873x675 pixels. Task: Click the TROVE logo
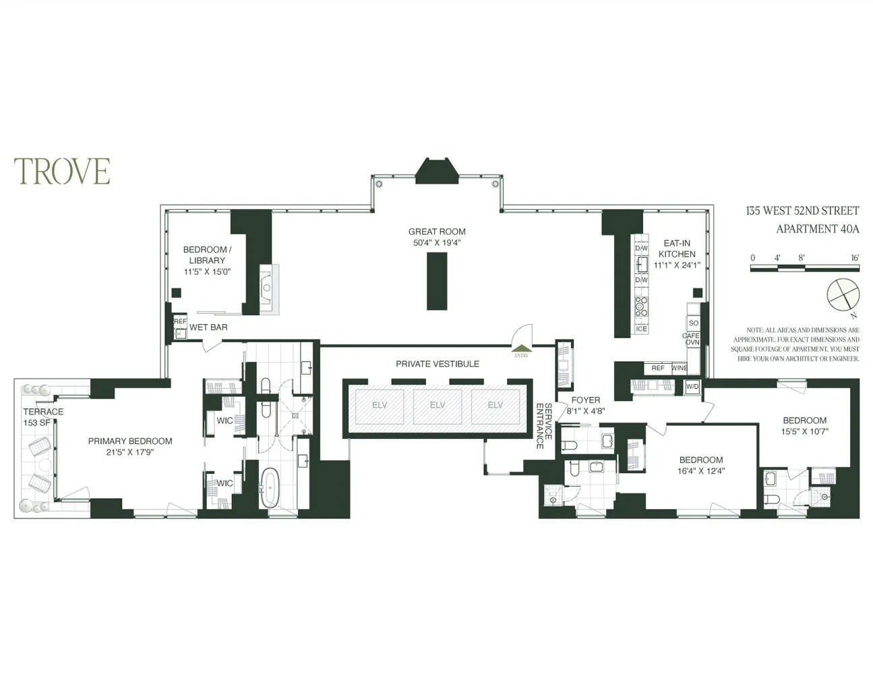pos(62,171)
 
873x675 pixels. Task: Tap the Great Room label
pos(437,232)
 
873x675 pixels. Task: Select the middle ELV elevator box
pos(437,406)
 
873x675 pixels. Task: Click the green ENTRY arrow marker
pos(521,348)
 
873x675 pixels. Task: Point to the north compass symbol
pos(843,296)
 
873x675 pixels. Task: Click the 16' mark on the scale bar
pos(854,258)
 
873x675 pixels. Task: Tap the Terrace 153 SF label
pos(43,416)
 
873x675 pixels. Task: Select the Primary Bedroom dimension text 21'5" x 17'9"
pos(130,452)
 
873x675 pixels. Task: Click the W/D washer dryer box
pos(692,387)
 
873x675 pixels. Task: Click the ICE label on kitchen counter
pos(641,329)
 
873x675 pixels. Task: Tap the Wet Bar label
pos(208,327)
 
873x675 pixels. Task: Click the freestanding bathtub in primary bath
pos(270,487)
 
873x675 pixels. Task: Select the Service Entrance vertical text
pos(544,426)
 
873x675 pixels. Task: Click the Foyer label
pos(585,400)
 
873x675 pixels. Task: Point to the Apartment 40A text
pos(817,229)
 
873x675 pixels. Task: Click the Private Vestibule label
pos(437,364)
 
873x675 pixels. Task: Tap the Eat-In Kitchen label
pos(677,248)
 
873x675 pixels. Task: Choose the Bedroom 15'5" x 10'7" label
pos(804,425)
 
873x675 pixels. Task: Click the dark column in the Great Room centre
pos(437,281)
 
